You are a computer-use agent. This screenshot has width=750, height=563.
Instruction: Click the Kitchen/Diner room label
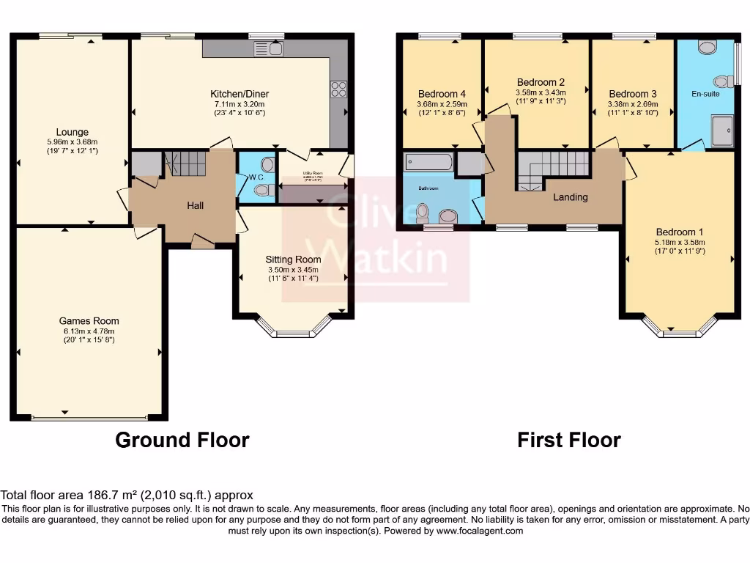[240, 94]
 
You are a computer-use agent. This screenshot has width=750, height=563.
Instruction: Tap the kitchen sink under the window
[268, 48]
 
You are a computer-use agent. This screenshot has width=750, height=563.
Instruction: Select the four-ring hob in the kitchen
[338, 89]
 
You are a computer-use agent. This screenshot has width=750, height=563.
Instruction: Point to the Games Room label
[89, 320]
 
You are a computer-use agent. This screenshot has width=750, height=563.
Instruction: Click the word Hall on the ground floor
[195, 206]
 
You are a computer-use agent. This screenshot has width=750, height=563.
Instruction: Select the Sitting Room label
[293, 260]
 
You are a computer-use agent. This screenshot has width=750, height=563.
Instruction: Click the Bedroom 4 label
[442, 94]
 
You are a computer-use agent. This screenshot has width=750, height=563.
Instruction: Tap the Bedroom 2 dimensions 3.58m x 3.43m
[541, 92]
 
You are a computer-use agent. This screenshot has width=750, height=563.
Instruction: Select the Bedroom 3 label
[633, 94]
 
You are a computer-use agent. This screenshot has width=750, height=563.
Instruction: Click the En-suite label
[705, 94]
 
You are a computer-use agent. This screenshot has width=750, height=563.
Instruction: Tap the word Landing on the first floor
[570, 197]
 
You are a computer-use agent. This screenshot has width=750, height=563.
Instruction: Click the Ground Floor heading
[182, 440]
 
